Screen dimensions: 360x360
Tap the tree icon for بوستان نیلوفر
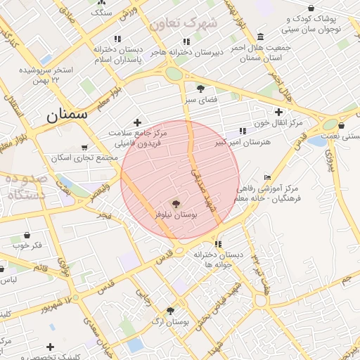(176, 202)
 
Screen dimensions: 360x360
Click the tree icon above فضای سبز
(201, 88)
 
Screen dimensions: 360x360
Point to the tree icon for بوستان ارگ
(170, 311)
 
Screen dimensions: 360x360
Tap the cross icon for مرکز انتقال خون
(279, 112)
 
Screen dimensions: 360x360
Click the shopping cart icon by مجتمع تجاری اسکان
(84, 148)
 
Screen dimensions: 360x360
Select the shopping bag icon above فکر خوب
(27, 235)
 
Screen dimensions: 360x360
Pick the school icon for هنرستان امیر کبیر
(243, 131)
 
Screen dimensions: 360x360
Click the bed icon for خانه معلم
(266, 177)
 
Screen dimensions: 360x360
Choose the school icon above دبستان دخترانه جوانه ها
(218, 244)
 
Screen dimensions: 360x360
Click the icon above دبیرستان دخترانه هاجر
(185, 41)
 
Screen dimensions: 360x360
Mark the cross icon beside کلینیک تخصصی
(50, 347)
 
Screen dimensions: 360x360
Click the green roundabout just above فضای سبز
(174, 73)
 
